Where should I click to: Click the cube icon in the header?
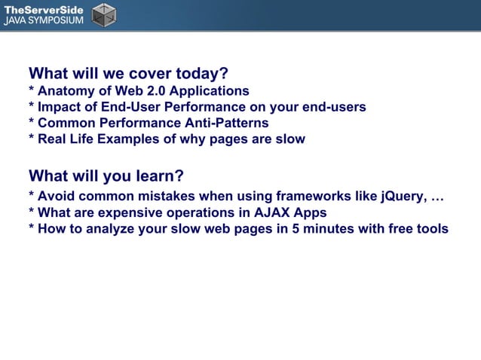tap(104, 14)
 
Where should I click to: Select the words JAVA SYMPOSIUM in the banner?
tap(43, 20)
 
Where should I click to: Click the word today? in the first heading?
tap(202, 74)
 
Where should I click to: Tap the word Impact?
tap(60, 107)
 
